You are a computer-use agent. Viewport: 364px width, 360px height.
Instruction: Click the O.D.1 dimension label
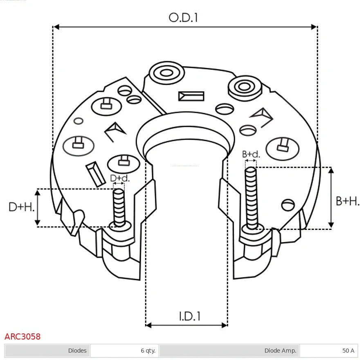(x=183, y=18)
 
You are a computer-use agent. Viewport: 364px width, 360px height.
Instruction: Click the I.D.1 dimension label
(x=189, y=316)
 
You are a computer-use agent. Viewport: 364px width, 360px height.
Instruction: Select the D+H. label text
(x=21, y=207)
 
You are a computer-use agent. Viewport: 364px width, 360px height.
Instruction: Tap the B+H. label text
(x=347, y=201)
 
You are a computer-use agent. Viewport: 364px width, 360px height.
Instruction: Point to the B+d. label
(x=251, y=154)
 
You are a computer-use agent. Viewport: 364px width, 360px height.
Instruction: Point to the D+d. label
(x=119, y=178)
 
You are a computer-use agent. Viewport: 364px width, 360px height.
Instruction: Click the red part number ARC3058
(x=22, y=337)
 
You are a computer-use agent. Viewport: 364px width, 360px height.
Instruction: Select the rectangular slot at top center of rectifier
(x=191, y=96)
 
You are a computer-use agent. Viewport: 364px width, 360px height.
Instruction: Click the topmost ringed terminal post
(x=166, y=74)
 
